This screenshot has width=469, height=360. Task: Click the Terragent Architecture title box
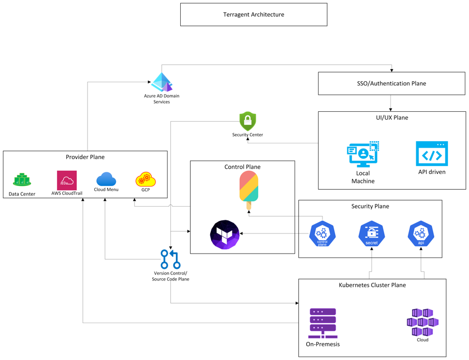tap(253, 15)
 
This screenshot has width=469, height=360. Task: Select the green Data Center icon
tap(22, 180)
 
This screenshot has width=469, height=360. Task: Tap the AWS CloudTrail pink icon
tap(67, 180)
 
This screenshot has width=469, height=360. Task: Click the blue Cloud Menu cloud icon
tap(106, 179)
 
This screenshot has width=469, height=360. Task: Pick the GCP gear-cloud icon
tap(145, 180)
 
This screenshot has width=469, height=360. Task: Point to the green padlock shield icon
tap(247, 121)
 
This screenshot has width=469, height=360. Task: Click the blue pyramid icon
tap(162, 82)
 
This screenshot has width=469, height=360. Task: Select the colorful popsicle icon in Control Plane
tap(249, 189)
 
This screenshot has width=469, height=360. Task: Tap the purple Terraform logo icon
tap(224, 235)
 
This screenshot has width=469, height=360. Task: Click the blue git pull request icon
tap(170, 260)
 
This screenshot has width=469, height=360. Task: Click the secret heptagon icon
tap(372, 234)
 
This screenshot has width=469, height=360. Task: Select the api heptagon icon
tap(421, 234)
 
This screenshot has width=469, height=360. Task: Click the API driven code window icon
tap(432, 153)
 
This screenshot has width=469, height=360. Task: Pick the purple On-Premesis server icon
tap(323, 323)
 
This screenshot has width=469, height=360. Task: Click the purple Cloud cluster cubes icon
tap(422, 322)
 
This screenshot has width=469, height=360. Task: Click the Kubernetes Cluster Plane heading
tap(372, 285)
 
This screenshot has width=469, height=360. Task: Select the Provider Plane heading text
tap(85, 157)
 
